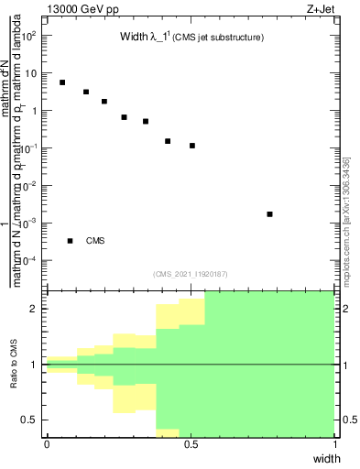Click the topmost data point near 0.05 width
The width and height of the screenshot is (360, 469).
[x=62, y=82]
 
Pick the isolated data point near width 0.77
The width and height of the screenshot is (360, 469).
[x=269, y=214]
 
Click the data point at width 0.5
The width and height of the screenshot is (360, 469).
[x=192, y=146]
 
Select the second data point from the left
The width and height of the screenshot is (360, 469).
[x=86, y=93]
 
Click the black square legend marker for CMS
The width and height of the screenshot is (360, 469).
[x=70, y=241]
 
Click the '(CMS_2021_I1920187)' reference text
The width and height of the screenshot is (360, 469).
[x=191, y=273]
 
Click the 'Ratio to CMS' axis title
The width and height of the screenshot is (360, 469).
[x=16, y=365]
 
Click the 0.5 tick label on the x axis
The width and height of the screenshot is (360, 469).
[x=191, y=444]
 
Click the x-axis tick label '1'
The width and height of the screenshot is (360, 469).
[x=334, y=444]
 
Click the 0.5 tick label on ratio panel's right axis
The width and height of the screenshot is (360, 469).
[x=350, y=420]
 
